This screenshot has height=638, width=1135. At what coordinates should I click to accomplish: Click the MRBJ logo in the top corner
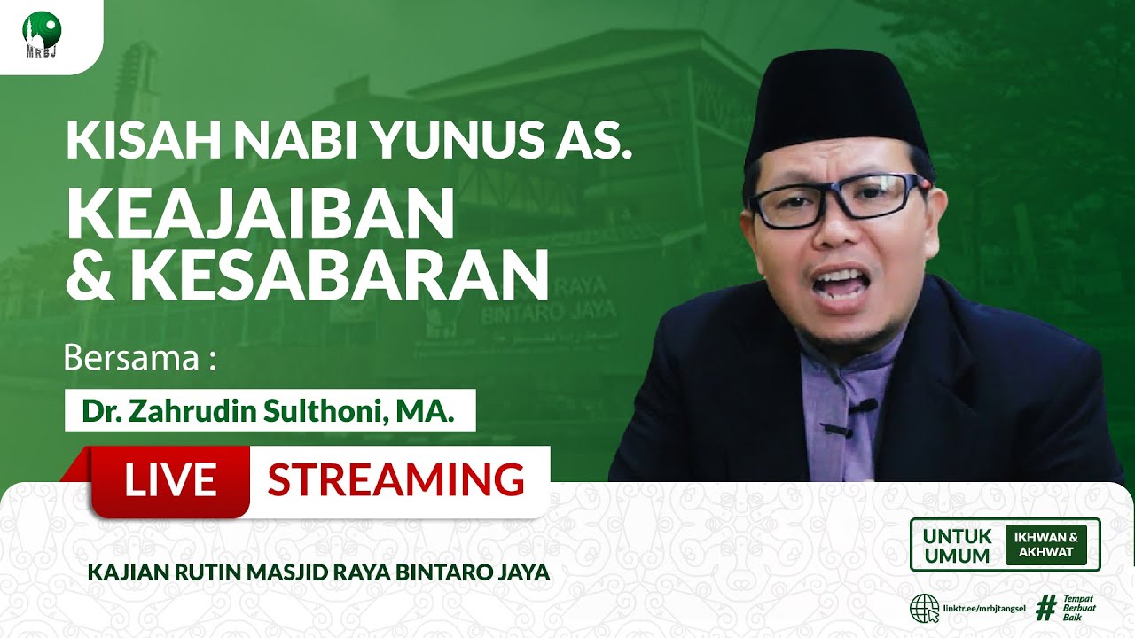click(42, 34)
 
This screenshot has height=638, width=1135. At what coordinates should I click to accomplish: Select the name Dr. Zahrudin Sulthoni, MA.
click(269, 411)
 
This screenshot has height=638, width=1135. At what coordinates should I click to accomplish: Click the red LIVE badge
click(170, 480)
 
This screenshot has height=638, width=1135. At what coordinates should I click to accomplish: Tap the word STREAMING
click(395, 480)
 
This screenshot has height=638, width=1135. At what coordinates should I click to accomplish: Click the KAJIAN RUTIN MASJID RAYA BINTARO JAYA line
click(318, 572)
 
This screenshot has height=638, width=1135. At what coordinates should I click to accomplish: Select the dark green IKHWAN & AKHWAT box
click(1045, 545)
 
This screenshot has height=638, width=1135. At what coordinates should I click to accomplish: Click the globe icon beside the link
click(925, 609)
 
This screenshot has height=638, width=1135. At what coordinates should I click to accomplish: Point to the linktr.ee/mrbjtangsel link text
click(985, 610)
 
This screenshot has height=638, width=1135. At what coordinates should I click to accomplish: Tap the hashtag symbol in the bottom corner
click(1046, 608)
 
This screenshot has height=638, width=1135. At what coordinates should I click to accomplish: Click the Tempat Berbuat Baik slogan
click(1079, 608)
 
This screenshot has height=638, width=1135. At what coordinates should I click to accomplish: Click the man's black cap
click(835, 105)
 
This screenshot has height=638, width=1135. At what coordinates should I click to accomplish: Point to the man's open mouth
click(836, 286)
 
